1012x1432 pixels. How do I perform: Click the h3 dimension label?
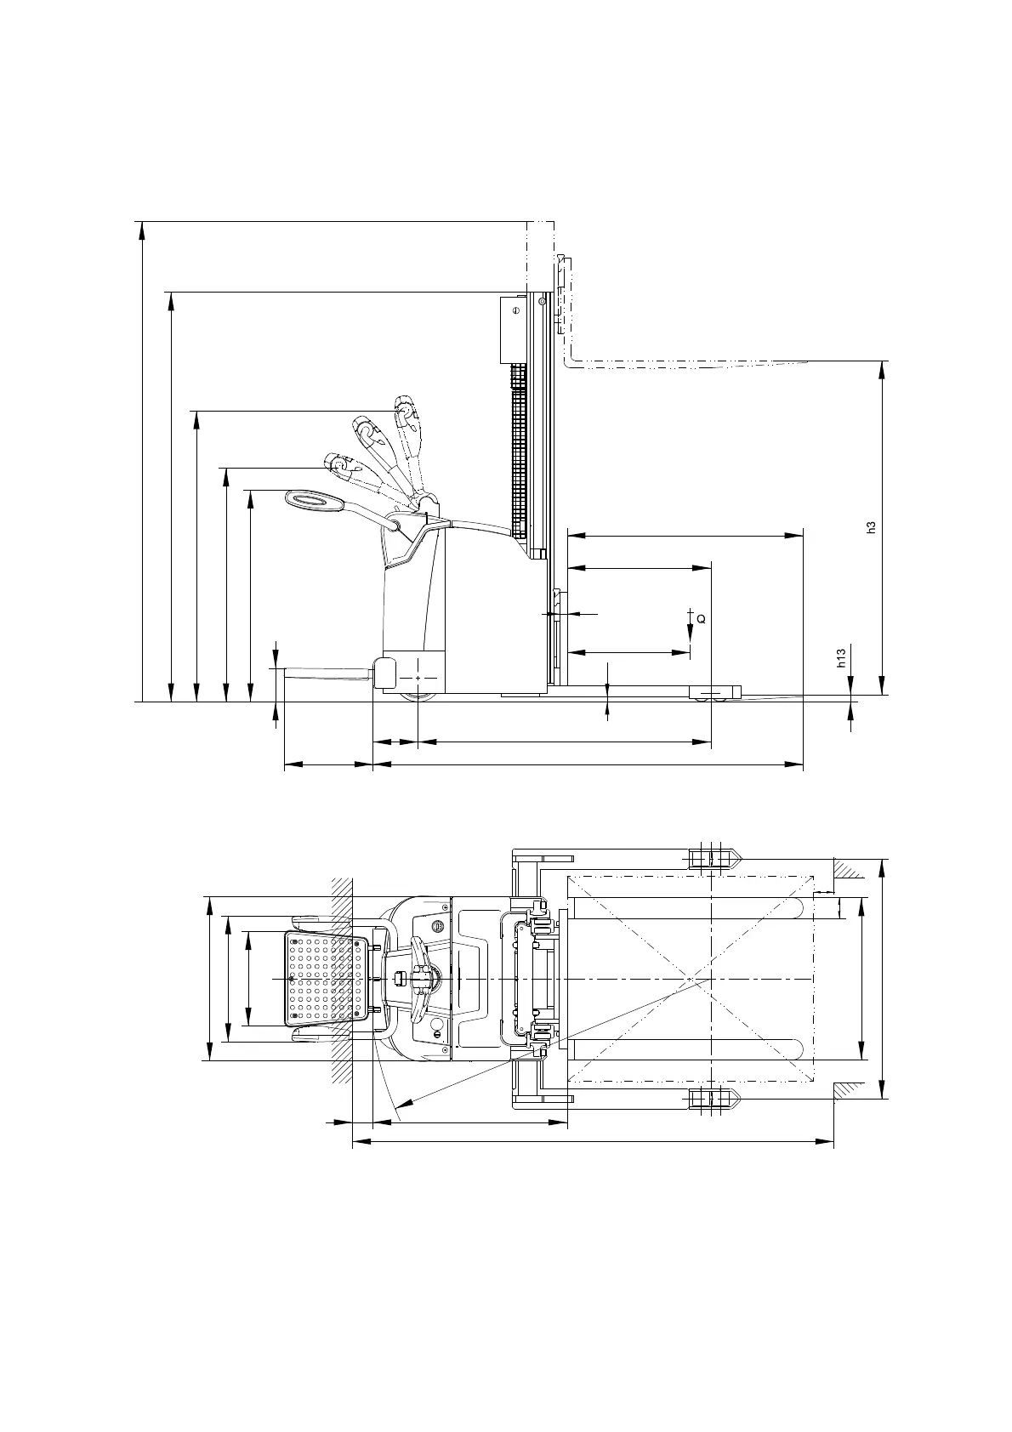click(x=871, y=527)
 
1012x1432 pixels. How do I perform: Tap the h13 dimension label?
click(x=841, y=658)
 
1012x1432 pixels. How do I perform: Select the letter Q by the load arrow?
click(x=702, y=619)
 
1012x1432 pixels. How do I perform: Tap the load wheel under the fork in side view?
click(x=714, y=697)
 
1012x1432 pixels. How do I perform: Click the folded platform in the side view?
click(x=328, y=672)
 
